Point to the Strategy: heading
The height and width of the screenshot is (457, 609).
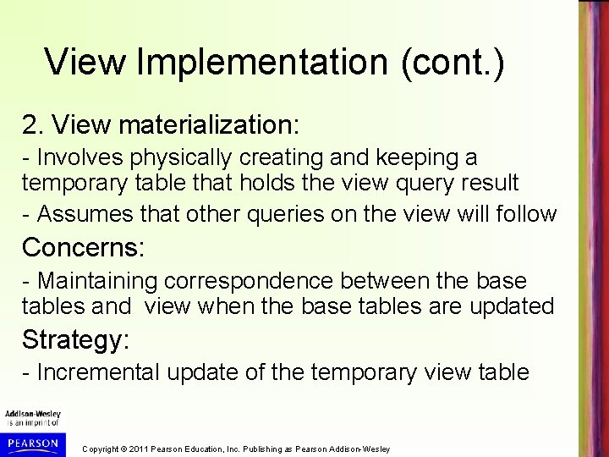76,339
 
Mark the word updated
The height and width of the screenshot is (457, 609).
513,305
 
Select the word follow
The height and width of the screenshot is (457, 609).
526,215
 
